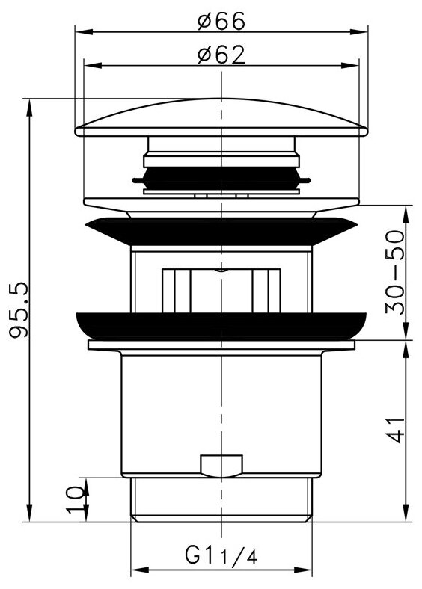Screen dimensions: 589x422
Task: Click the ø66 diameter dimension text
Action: [222, 21]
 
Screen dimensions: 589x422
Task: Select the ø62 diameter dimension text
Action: [222, 55]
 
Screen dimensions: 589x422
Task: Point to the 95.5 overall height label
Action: [20, 310]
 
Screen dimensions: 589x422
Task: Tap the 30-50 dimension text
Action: [397, 273]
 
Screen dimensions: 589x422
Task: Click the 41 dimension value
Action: [397, 429]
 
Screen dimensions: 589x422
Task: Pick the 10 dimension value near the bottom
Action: [75, 499]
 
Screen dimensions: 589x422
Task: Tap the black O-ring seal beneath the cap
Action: [222, 178]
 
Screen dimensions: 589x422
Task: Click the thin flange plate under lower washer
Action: [222, 345]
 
